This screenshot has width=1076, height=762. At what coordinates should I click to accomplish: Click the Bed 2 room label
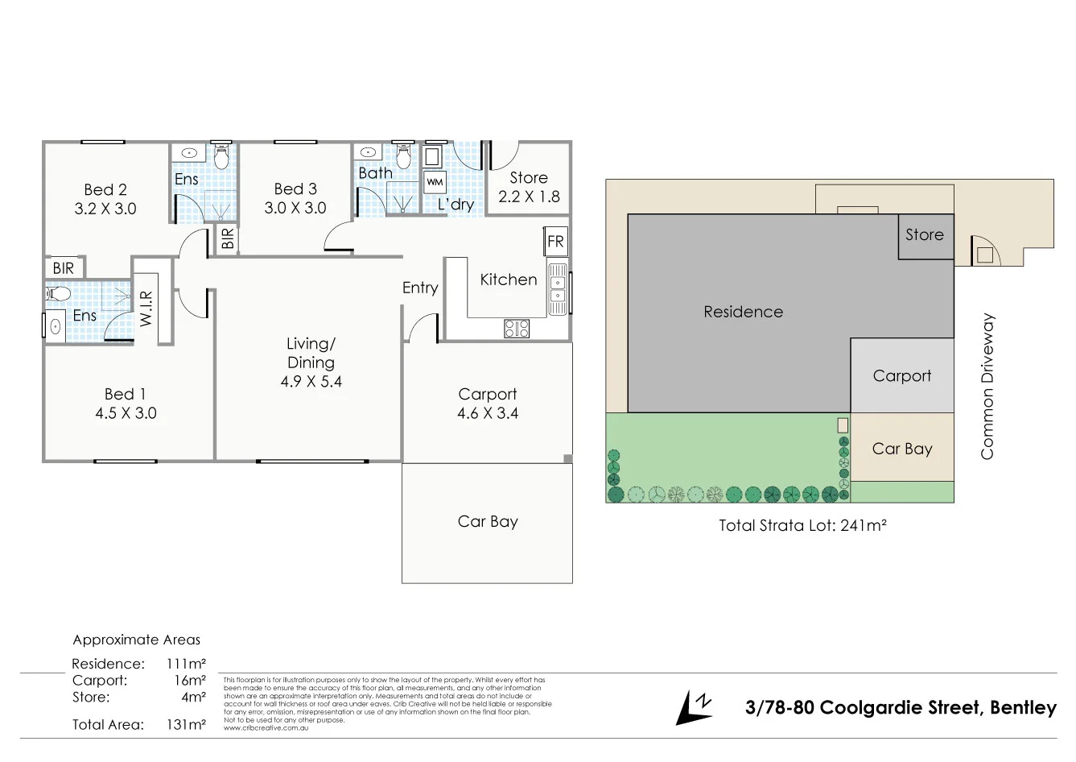pyautogui.click(x=105, y=190)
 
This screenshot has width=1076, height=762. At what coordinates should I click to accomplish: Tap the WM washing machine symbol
pyautogui.click(x=435, y=182)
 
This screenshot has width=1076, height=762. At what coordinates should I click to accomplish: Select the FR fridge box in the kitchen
pyautogui.click(x=555, y=241)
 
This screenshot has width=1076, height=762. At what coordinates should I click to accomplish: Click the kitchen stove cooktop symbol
pyautogui.click(x=517, y=328)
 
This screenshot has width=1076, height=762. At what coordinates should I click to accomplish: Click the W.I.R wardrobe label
pyautogui.click(x=146, y=309)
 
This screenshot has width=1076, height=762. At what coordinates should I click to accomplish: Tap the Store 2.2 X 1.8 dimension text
pyautogui.click(x=529, y=197)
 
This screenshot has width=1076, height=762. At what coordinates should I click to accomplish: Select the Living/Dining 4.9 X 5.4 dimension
pyautogui.click(x=311, y=382)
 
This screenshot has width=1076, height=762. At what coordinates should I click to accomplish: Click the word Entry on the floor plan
pyautogui.click(x=420, y=288)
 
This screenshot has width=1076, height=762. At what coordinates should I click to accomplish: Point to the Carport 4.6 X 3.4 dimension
pyautogui.click(x=488, y=413)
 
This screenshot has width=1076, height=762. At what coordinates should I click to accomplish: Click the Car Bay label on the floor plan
pyautogui.click(x=488, y=521)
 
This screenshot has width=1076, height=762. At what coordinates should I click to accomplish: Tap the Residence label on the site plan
pyautogui.click(x=743, y=312)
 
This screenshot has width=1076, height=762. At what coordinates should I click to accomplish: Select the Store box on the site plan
pyautogui.click(x=925, y=235)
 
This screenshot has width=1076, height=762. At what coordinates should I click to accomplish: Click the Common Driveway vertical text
pyautogui.click(x=987, y=387)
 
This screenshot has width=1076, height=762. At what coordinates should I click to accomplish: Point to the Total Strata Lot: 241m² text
pyautogui.click(x=802, y=526)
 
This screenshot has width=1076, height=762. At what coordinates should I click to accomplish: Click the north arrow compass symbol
pyautogui.click(x=694, y=707)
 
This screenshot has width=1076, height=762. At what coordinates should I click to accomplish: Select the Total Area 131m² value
pyautogui.click(x=187, y=724)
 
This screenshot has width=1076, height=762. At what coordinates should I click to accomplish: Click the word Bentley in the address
pyautogui.click(x=1023, y=708)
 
